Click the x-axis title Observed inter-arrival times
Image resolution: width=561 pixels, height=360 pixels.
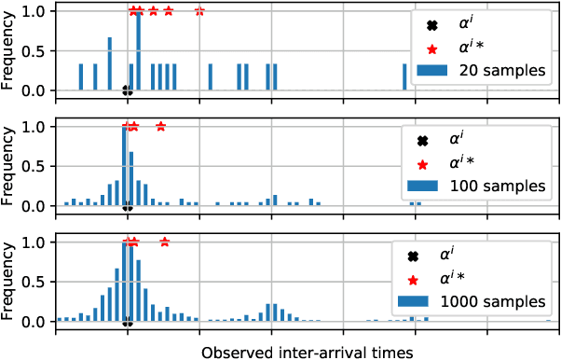[x=307, y=350]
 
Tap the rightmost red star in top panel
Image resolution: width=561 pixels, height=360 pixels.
[x=199, y=11]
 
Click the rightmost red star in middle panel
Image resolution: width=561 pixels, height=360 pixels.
[x=161, y=127]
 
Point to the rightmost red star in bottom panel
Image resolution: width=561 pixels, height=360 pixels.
[x=165, y=242]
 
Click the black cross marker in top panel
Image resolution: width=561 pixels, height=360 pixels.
[x=127, y=91]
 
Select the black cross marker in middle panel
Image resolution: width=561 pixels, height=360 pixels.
[x=127, y=207]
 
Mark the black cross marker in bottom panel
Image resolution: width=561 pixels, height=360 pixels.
[x=127, y=323]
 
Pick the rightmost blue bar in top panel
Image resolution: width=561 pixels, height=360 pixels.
[x=404, y=77]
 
